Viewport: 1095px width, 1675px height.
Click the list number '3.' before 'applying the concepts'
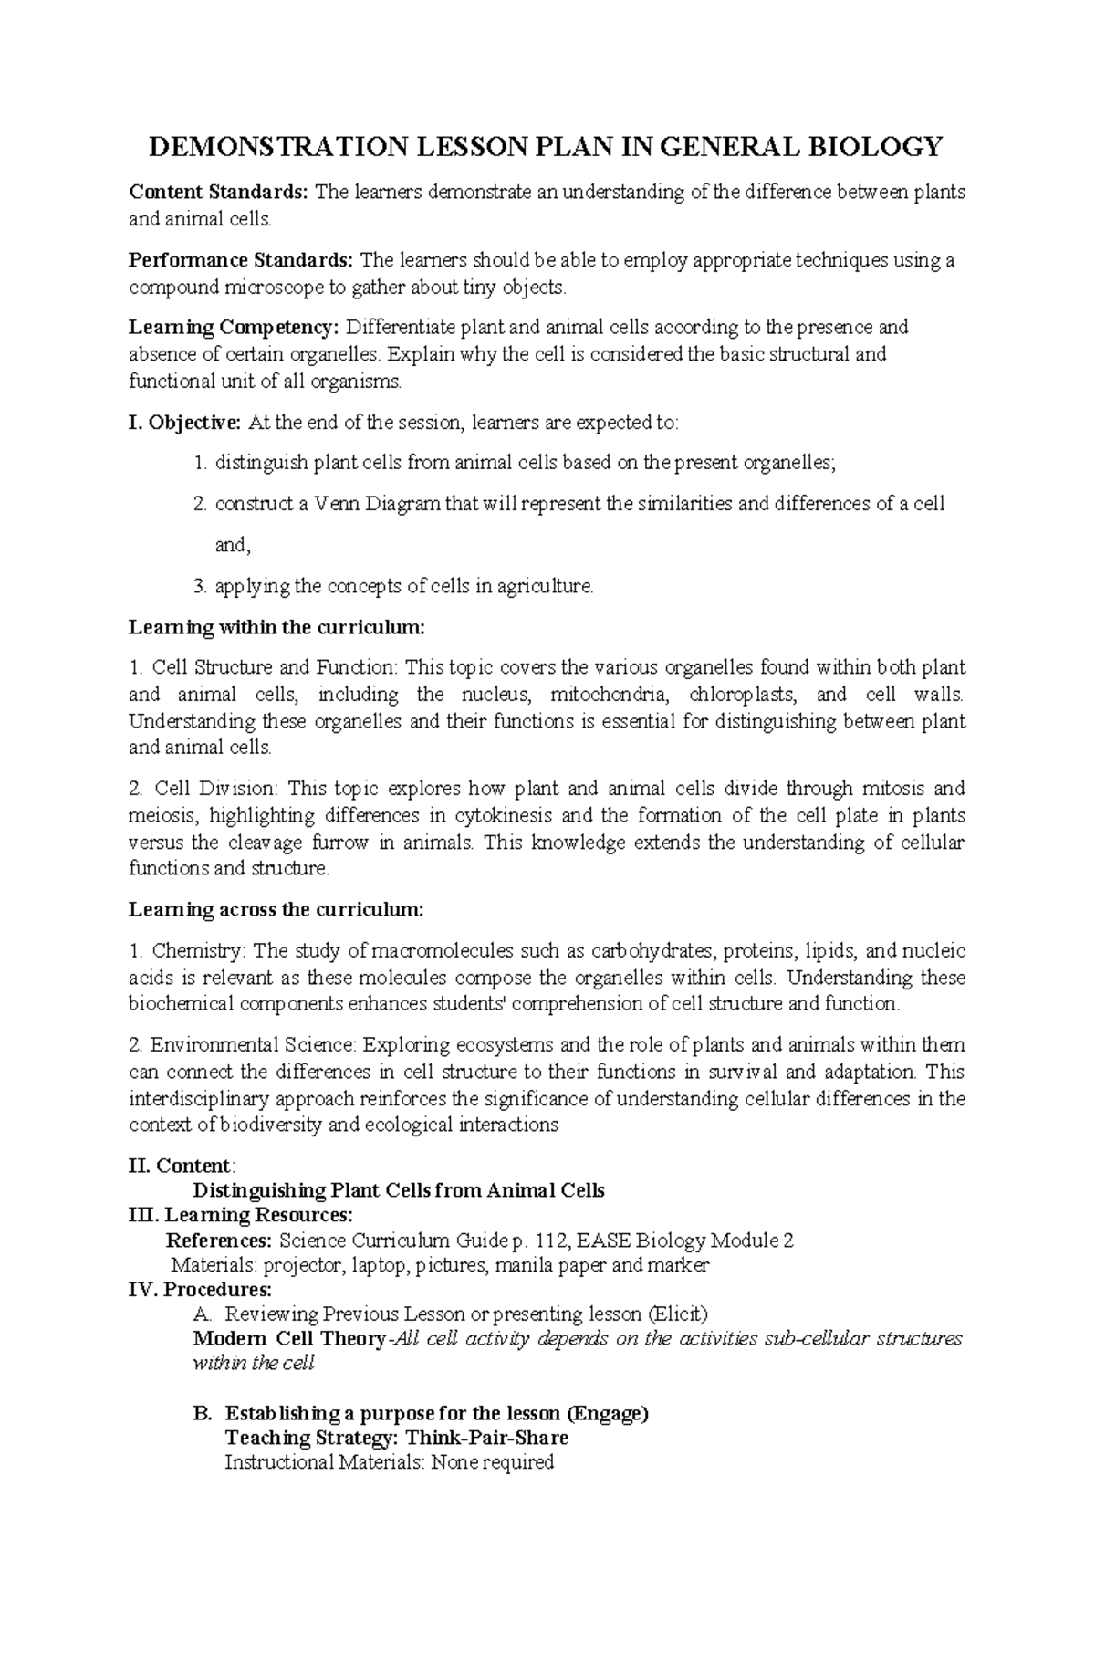click(x=202, y=586)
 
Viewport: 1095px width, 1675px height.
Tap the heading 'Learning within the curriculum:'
click(x=276, y=628)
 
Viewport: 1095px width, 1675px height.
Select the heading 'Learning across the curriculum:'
click(x=276, y=910)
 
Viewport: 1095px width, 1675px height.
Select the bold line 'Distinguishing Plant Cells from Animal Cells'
click(x=399, y=1190)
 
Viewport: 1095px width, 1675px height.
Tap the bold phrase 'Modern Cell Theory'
click(x=289, y=1339)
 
